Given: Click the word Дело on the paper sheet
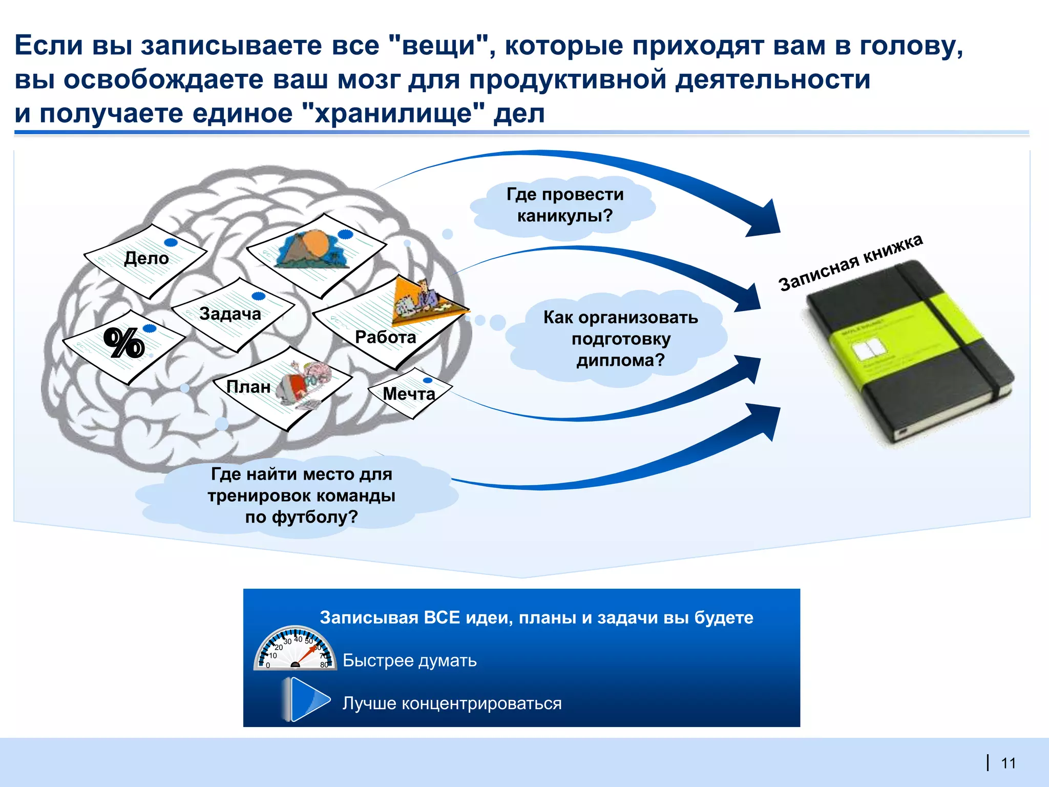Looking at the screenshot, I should (146, 258).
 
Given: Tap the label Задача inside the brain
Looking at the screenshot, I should (230, 314).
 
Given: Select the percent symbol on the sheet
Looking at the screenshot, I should (123, 343).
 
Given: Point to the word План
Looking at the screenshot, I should (248, 387).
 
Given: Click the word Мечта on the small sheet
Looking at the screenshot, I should (409, 393).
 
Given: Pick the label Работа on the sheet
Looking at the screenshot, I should (385, 337).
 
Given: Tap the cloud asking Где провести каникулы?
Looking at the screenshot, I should (564, 205).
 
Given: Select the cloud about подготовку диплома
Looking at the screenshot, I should (620, 339).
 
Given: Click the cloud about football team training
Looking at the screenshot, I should (301, 495).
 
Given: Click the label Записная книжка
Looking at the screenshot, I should (850, 262).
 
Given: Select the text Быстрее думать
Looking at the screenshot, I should (409, 660).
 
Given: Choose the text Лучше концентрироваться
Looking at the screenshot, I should (452, 703).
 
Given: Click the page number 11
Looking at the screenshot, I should (1008, 763).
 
